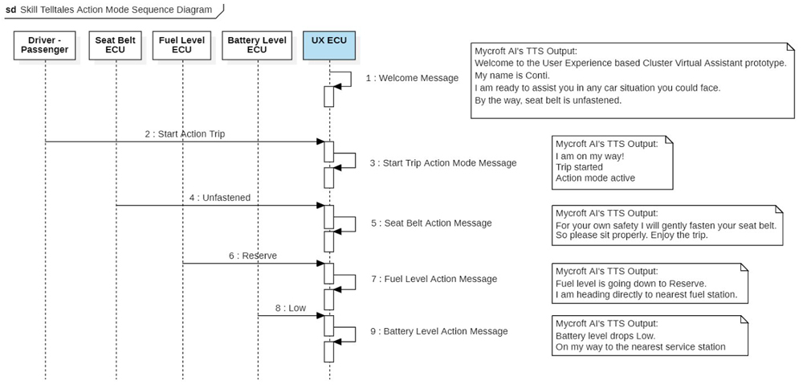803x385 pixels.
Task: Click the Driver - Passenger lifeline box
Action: [45, 45]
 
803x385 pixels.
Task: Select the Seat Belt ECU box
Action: [116, 45]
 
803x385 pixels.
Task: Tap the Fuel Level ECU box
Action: [181, 45]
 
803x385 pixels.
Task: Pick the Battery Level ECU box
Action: [257, 45]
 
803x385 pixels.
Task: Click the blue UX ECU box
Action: [329, 45]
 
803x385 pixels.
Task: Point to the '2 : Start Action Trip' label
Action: [185, 134]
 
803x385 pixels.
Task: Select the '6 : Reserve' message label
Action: [253, 256]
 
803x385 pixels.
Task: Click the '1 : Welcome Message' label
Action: [412, 78]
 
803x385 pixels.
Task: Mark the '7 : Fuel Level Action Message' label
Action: [434, 279]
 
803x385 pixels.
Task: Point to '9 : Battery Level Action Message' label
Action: [439, 331]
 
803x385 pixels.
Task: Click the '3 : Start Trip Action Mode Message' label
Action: [443, 162]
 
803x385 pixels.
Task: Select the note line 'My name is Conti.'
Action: [512, 75]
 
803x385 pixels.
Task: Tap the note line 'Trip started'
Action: [579, 167]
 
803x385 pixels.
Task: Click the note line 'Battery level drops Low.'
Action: [605, 335]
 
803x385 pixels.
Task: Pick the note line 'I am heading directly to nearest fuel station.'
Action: [646, 294]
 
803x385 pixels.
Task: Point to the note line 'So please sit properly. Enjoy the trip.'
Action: [631, 236]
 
